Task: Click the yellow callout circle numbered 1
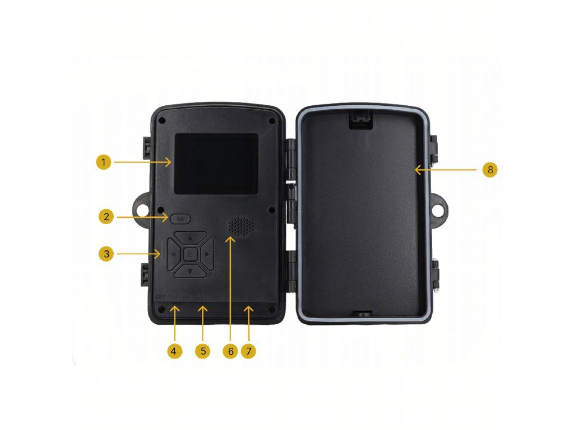click(103, 162)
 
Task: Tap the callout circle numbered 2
click(107, 217)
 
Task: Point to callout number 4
click(174, 351)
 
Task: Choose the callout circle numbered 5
click(203, 351)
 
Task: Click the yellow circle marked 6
click(229, 351)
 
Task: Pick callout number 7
click(249, 351)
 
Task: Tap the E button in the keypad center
click(190, 255)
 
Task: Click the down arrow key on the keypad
click(190, 272)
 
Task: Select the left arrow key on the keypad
click(173, 255)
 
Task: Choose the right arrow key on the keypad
click(207, 255)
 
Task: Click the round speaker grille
click(241, 226)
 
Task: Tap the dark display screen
click(216, 163)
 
